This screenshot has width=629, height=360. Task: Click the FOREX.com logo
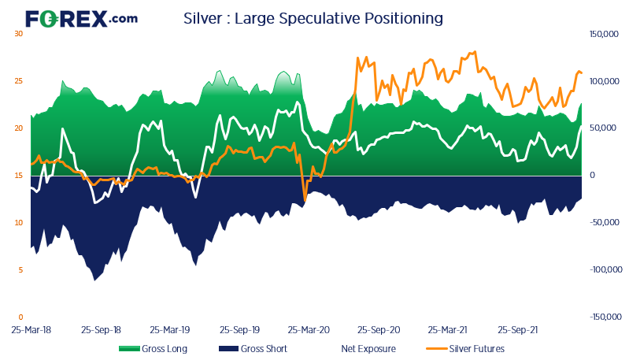coord(81,18)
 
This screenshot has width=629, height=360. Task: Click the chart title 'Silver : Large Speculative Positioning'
coord(313,17)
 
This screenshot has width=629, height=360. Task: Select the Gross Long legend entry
coord(154,348)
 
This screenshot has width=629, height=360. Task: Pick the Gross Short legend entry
coord(253,348)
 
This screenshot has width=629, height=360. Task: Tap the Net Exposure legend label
coord(368,348)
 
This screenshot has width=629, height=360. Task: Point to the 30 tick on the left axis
coord(18,34)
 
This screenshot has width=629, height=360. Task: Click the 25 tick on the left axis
coord(18,81)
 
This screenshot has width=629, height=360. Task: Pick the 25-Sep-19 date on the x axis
coord(240,332)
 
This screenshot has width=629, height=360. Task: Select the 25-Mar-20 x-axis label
coord(308,332)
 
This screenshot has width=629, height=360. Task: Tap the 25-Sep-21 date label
coord(519,332)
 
